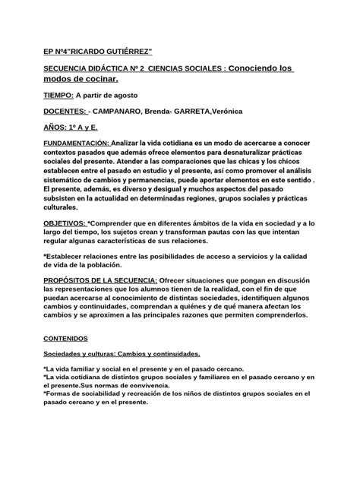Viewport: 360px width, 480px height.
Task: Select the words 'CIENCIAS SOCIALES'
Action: click(185, 68)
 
